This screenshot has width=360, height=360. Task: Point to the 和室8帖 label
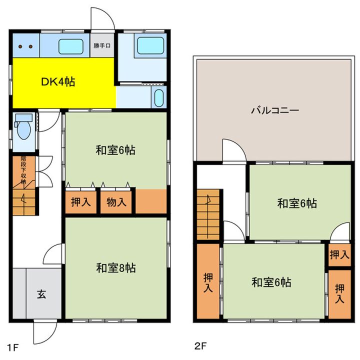(x=115, y=267)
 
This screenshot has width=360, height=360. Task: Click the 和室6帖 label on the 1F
(x=115, y=149)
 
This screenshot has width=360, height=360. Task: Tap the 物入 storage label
(x=116, y=202)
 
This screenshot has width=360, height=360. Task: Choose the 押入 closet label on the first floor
(x=80, y=202)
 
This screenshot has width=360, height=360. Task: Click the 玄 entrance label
(x=41, y=294)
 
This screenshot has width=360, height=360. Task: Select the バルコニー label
(x=274, y=110)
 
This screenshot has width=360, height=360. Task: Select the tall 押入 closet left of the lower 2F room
(x=208, y=281)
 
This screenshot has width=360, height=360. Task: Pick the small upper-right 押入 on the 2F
(x=339, y=254)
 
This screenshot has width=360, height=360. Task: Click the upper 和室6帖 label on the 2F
(x=297, y=203)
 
